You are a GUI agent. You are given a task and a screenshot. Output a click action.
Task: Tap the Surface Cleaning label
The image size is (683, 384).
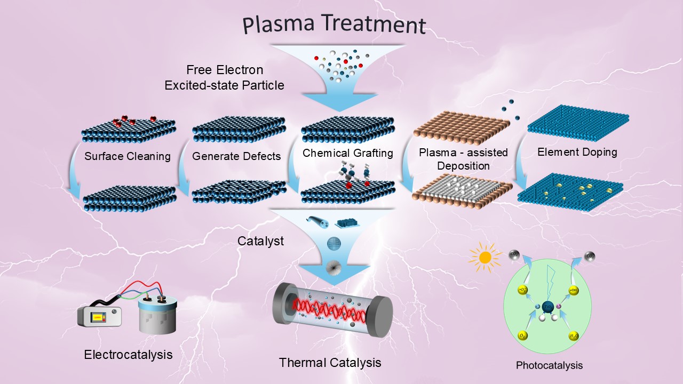pyautogui.click(x=128, y=156)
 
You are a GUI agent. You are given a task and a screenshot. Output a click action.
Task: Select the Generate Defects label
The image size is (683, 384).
pyautogui.click(x=236, y=156)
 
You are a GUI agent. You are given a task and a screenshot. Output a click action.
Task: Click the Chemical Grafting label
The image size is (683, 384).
pyautogui.click(x=347, y=153)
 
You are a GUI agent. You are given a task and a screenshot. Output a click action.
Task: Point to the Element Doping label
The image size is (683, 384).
pyautogui.click(x=577, y=152)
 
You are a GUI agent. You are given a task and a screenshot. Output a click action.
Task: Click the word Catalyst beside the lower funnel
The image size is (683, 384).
pyautogui.click(x=260, y=241)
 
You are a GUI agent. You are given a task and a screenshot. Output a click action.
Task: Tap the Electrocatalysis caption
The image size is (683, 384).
pyautogui.click(x=128, y=354)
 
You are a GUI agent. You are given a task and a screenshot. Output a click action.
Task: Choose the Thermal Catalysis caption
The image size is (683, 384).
pyautogui.click(x=330, y=363)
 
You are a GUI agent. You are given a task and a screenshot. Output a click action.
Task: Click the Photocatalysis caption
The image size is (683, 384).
pyautogui.click(x=549, y=365)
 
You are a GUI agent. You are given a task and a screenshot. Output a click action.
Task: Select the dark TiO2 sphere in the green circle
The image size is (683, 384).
pyautogui.click(x=547, y=307)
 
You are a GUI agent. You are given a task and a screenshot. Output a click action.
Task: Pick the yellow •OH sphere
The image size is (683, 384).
pyautogui.click(x=573, y=291)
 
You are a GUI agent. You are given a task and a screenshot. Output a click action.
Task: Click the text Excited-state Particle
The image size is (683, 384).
pyautogui.click(x=224, y=85)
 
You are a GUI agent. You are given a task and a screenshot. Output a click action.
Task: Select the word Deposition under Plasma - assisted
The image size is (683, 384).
pyautogui.click(x=463, y=166)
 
